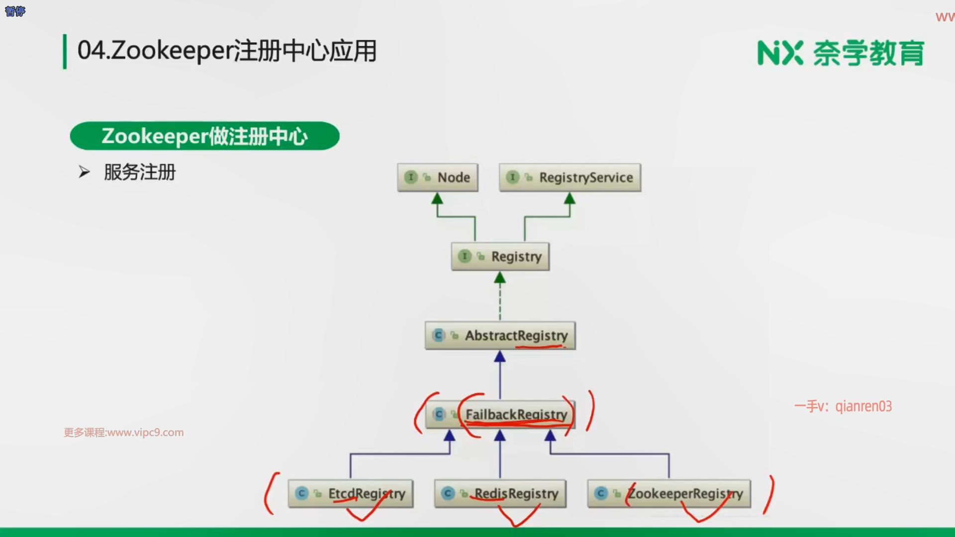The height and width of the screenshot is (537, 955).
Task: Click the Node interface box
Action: point(437,178)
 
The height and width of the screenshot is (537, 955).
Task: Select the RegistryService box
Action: point(570,178)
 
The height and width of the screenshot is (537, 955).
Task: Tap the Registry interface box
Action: point(500,257)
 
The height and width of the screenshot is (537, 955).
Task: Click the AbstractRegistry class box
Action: point(500,336)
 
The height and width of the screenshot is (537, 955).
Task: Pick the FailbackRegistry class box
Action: point(500,415)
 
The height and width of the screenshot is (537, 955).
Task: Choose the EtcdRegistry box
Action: point(350,493)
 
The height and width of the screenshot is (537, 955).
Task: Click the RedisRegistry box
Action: point(500,493)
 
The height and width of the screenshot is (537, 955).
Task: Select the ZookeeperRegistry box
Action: point(668,493)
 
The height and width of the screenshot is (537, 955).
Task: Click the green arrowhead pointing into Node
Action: point(437,199)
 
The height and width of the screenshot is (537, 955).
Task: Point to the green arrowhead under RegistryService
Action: point(570,199)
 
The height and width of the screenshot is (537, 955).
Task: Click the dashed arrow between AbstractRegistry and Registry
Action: point(500,298)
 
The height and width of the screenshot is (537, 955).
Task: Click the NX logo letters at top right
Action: point(779,53)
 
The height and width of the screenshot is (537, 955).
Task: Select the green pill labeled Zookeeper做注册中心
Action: point(204,136)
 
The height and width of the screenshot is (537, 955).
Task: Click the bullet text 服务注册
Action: point(140,172)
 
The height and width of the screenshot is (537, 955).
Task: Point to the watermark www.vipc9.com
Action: point(124,433)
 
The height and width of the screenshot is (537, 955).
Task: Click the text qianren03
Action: point(863,406)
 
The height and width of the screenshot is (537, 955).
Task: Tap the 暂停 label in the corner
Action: point(15,11)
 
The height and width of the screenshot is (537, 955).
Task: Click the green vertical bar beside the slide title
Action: point(65,51)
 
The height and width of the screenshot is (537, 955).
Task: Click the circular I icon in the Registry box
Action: point(464,256)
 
